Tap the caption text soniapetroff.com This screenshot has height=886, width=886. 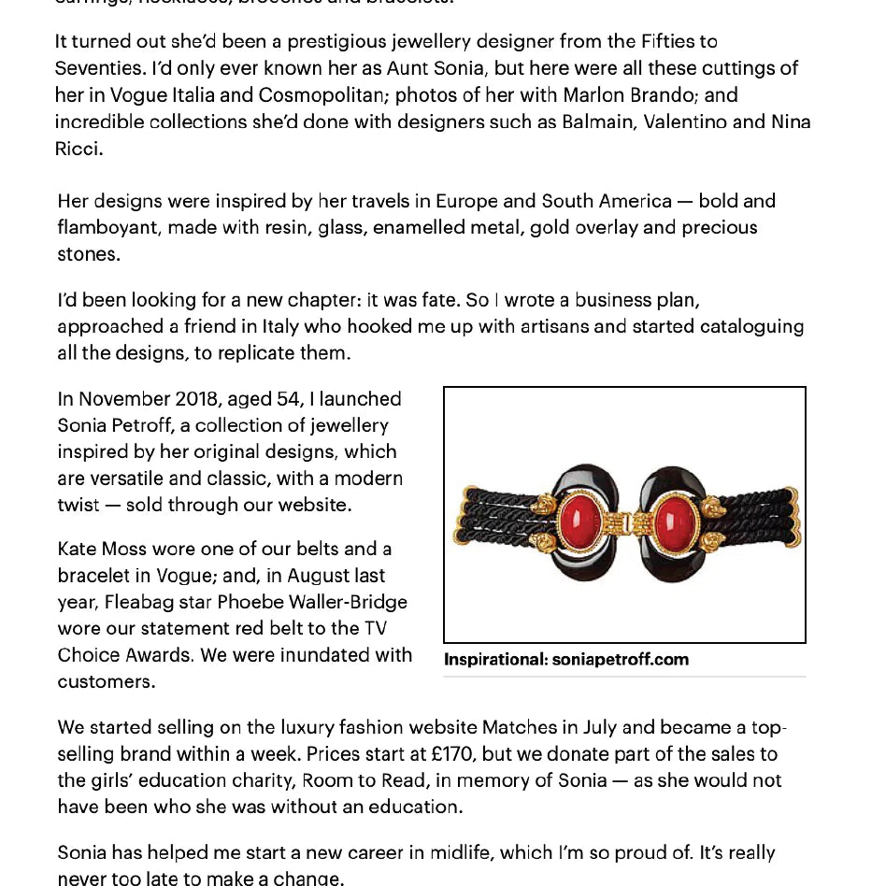pyautogui.click(x=621, y=659)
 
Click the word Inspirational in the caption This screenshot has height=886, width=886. pyautogui.click(x=494, y=659)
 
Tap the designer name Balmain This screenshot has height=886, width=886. pyautogui.click(x=599, y=121)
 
